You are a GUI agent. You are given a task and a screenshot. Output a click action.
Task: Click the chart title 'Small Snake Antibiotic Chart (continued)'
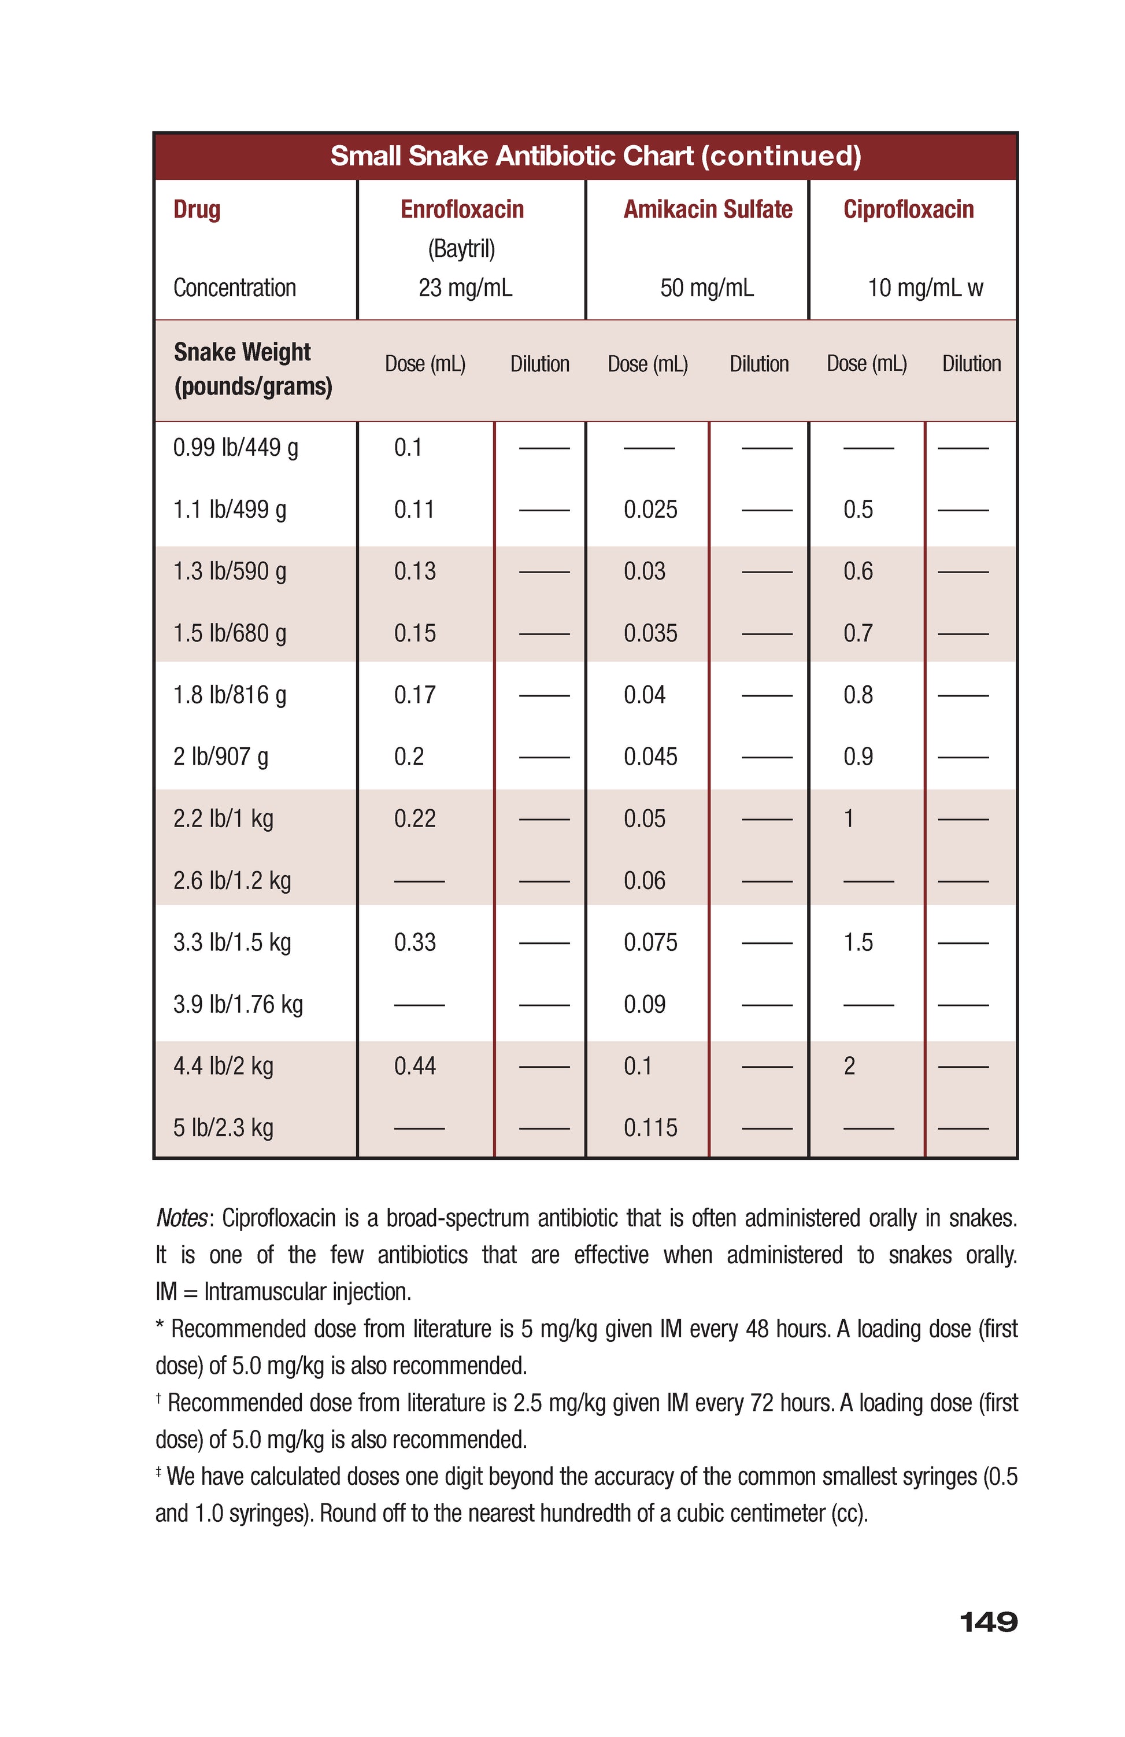[595, 156]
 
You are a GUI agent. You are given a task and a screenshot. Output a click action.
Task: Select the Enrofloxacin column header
[462, 209]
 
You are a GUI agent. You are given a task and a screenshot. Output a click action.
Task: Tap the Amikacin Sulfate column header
[707, 209]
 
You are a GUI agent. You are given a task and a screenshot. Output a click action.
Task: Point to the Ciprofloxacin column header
[908, 209]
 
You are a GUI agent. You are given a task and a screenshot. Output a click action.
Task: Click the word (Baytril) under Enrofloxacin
[461, 249]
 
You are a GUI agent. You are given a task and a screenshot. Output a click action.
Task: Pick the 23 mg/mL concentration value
[465, 287]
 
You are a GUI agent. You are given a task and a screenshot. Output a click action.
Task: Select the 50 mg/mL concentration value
[706, 287]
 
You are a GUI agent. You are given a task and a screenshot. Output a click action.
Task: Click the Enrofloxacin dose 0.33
[415, 942]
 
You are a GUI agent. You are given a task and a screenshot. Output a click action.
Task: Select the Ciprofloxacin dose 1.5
[857, 942]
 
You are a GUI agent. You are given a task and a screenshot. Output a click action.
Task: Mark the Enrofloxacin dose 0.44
[415, 1066]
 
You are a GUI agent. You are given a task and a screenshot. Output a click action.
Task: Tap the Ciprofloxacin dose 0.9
[857, 756]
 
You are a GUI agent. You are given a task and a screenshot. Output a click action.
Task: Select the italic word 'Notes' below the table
[182, 1218]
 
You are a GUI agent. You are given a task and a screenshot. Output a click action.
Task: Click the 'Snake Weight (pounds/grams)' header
[253, 369]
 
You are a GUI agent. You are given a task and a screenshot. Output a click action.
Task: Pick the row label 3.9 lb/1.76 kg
[237, 1004]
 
